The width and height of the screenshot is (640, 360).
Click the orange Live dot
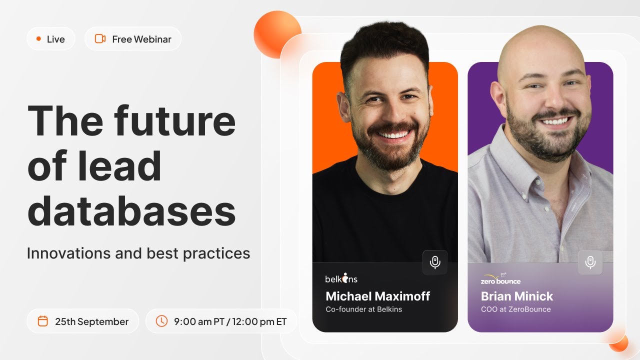[x=38, y=39]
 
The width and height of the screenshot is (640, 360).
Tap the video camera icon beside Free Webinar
[x=100, y=39]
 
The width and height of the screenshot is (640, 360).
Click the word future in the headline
[x=174, y=121]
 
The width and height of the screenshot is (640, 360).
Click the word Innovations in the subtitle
[x=68, y=253]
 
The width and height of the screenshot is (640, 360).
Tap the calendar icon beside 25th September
[x=43, y=321]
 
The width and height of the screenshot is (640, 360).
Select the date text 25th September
[x=91, y=321]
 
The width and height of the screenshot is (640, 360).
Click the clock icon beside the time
[x=161, y=321]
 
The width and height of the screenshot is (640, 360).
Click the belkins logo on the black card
[x=341, y=278]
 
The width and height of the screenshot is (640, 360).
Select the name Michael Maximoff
[x=377, y=296]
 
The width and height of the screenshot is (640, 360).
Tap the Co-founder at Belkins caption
[x=363, y=309]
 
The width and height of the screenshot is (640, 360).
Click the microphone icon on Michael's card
[x=435, y=262]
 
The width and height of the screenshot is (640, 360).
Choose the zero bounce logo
[x=500, y=279]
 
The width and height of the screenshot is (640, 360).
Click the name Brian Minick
[x=517, y=296]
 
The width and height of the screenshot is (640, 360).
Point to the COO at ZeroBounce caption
[x=515, y=309]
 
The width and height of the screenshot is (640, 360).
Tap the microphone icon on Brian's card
[x=590, y=262]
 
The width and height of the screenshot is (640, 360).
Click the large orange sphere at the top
[x=277, y=33]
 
